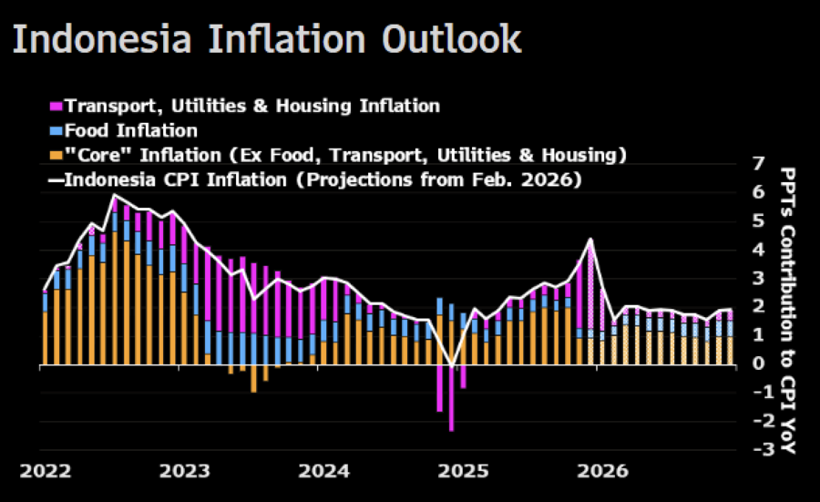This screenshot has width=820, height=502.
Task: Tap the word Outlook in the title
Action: pyautogui.click(x=452, y=39)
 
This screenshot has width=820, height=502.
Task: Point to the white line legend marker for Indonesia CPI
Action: pyautogui.click(x=55, y=179)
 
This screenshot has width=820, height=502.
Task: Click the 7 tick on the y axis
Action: pyautogui.click(x=758, y=165)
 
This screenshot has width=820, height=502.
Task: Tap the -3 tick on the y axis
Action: pyautogui.click(x=754, y=449)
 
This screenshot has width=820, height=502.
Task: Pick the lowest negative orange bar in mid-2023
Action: pyautogui.click(x=253, y=378)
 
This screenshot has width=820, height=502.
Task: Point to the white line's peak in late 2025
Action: pyautogui.click(x=591, y=240)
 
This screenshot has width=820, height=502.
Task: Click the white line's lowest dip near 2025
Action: pyautogui.click(x=452, y=366)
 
